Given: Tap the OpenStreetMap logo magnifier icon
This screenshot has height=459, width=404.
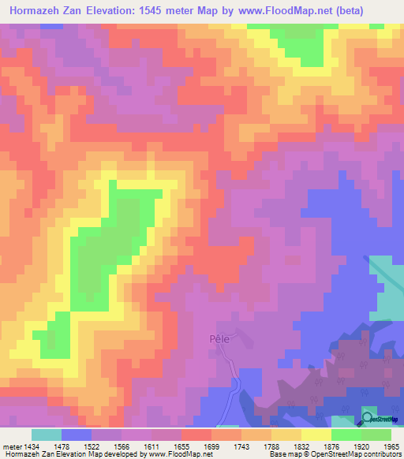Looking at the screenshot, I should (368, 418).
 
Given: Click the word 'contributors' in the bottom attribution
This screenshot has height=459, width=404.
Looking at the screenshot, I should (380, 453).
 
